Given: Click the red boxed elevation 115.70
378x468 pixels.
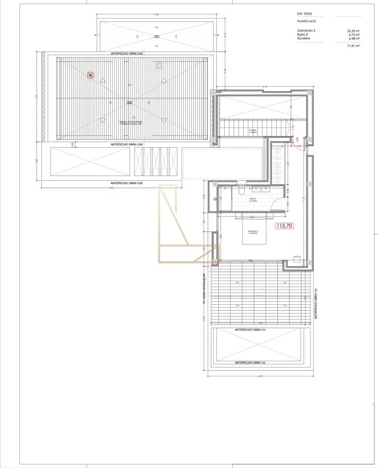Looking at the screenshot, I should (284, 225).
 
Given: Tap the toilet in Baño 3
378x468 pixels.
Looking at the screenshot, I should (241, 191).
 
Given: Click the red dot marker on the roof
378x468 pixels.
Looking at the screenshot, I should (91, 75).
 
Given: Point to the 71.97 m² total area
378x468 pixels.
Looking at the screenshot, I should (353, 46).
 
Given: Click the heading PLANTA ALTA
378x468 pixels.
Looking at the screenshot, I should (306, 22).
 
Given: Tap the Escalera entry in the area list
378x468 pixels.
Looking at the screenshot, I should (304, 38).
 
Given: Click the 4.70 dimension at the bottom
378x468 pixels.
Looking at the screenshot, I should (261, 376).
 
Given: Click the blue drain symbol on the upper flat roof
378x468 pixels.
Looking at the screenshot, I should (157, 36).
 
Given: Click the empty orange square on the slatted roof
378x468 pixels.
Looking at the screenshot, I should (159, 66).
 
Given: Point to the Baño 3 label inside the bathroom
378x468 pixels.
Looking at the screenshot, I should (252, 199).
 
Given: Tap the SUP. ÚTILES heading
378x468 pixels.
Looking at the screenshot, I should (304, 14).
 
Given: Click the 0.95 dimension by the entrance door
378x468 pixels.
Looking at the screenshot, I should (298, 146).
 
